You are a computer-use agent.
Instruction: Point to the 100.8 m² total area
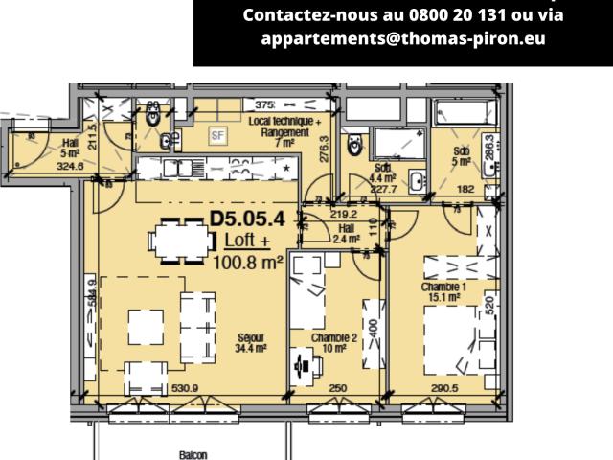pos(248,261)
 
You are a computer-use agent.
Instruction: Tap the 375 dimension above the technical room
pos(265,104)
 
